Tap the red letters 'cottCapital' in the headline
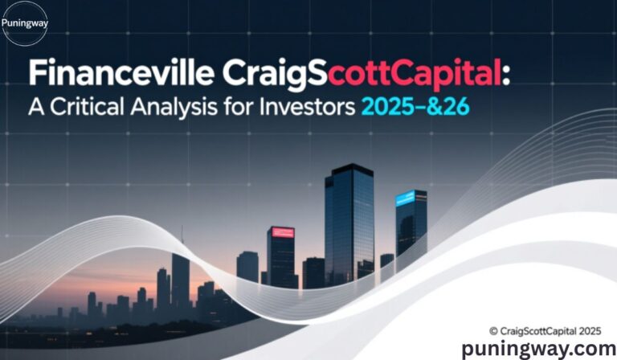click(x=420, y=76)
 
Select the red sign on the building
click(x=281, y=232)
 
